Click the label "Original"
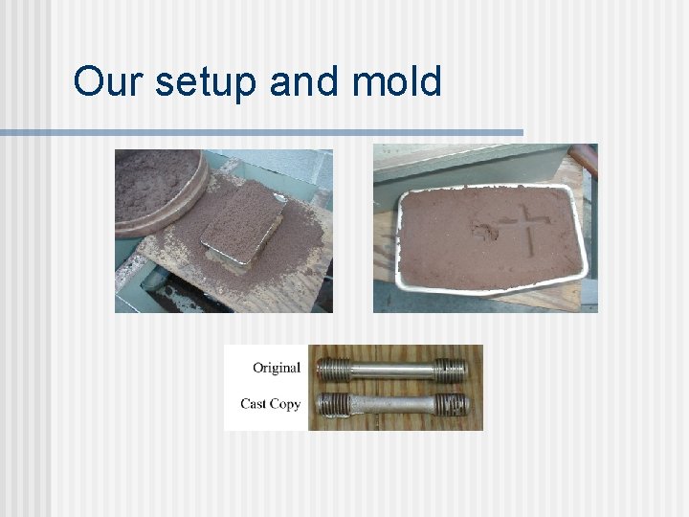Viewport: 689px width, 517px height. pyautogui.click(x=277, y=368)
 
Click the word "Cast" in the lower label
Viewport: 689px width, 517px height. pyautogui.click(x=254, y=403)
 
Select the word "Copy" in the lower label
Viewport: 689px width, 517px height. pyautogui.click(x=285, y=404)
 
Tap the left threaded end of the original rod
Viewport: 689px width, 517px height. pyautogui.click(x=331, y=369)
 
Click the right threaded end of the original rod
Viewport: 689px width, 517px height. pyautogui.click(x=450, y=369)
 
